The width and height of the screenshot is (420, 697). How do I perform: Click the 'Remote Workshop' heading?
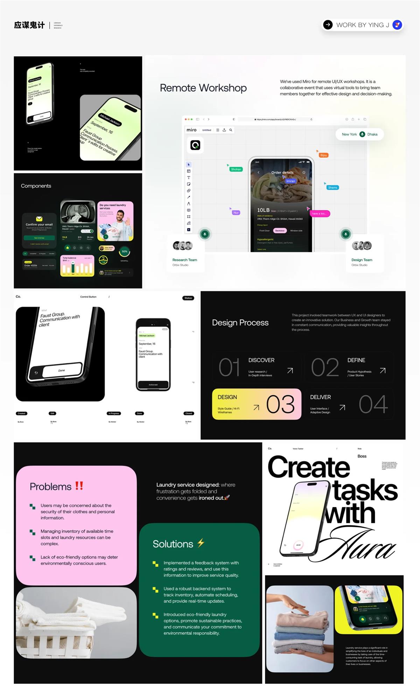click(x=203, y=88)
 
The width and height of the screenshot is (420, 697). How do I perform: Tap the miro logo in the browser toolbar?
click(x=191, y=130)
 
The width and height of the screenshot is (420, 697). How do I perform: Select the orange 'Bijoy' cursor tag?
click(x=323, y=155)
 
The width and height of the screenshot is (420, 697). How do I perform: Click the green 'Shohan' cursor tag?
click(x=236, y=169)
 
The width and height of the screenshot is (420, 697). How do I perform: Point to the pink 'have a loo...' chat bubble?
click(x=319, y=213)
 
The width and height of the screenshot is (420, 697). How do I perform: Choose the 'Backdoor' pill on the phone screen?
click(x=280, y=231)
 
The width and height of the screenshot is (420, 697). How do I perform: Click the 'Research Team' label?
click(x=184, y=260)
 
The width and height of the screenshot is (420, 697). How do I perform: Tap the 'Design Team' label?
click(x=362, y=260)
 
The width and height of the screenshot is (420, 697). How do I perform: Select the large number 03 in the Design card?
click(x=280, y=404)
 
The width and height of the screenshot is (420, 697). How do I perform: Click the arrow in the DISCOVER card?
click(x=290, y=371)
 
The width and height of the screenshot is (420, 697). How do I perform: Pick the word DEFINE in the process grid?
click(x=356, y=360)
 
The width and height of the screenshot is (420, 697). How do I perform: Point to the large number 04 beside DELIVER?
click(x=373, y=404)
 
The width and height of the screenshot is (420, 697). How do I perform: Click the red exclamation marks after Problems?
click(x=79, y=486)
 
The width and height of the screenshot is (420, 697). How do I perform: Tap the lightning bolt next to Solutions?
click(x=201, y=543)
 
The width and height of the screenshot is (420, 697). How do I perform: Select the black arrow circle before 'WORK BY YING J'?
click(x=328, y=25)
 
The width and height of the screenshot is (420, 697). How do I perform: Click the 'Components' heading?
click(x=36, y=186)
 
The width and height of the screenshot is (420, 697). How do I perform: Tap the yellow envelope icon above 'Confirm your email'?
click(x=39, y=219)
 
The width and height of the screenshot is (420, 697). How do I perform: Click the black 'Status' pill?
click(x=188, y=298)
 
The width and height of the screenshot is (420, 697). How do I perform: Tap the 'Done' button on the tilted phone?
click(x=62, y=370)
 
